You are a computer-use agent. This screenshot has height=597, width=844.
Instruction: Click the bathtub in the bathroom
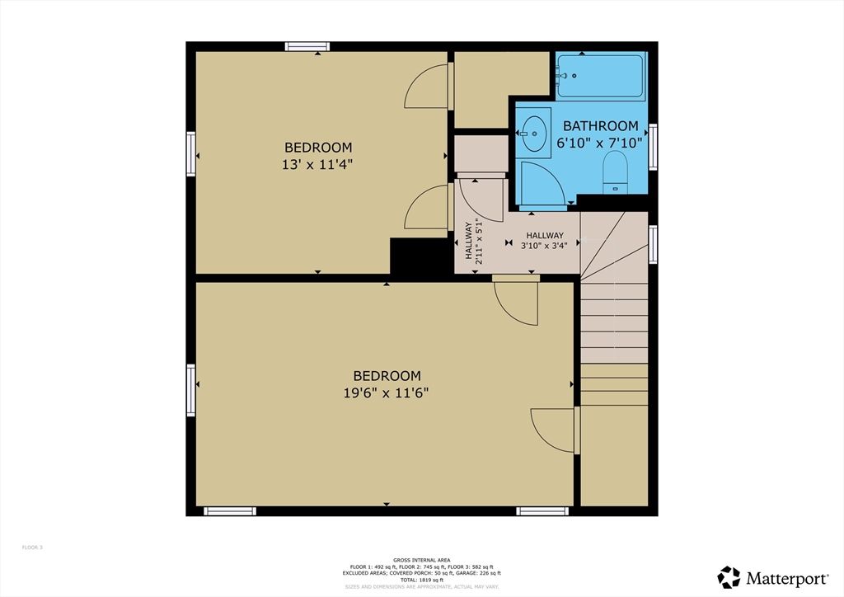(600, 78)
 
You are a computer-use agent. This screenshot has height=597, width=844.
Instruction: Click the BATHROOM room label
(600, 126)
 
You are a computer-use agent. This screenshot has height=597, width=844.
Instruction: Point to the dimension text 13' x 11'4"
(316, 163)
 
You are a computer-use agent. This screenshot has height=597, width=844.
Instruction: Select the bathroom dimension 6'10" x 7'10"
(600, 142)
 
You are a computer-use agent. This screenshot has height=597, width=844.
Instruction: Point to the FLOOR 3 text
(32, 548)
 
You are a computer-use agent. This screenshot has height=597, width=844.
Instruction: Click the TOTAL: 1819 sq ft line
(421, 580)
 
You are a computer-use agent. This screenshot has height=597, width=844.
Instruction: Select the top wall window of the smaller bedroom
(307, 46)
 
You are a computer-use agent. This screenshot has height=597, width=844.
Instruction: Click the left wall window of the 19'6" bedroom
(191, 391)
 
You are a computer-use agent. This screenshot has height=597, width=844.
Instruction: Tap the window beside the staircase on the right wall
(653, 245)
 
